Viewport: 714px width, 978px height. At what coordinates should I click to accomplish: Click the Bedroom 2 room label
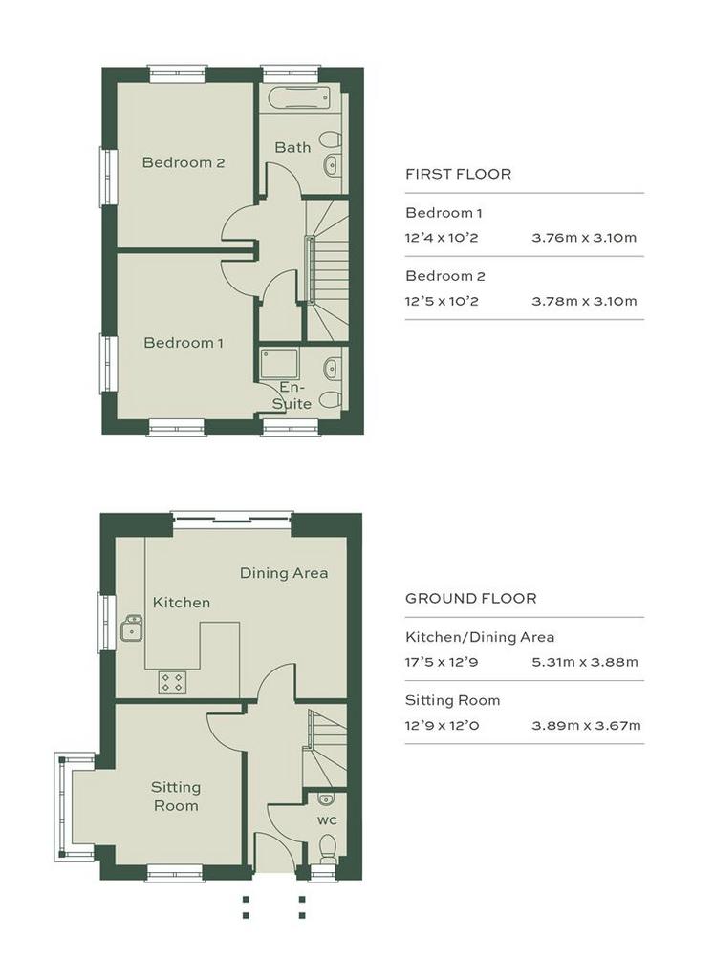183,162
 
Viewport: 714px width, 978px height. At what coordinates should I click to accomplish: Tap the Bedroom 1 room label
183,343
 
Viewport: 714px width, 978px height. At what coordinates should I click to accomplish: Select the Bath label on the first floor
292,147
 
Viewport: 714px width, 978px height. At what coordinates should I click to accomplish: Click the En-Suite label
292,396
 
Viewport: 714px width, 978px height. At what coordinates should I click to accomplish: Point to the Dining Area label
284,573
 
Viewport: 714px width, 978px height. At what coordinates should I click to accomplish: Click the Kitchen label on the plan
182,603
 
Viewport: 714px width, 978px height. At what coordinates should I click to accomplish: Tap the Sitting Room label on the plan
176,796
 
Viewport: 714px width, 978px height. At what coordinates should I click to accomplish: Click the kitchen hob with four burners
173,682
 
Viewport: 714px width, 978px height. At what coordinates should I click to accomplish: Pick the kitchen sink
131,629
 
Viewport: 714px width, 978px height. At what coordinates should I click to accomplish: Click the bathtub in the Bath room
296,96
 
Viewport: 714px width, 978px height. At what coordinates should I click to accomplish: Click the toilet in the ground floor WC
328,848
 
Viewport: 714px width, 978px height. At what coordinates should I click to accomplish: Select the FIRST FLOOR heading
458,175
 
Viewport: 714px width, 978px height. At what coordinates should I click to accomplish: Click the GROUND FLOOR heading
470,599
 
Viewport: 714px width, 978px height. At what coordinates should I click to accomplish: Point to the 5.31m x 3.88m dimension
584,661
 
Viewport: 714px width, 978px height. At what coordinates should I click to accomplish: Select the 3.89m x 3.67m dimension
585,725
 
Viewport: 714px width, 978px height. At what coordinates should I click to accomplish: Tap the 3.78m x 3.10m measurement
584,301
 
